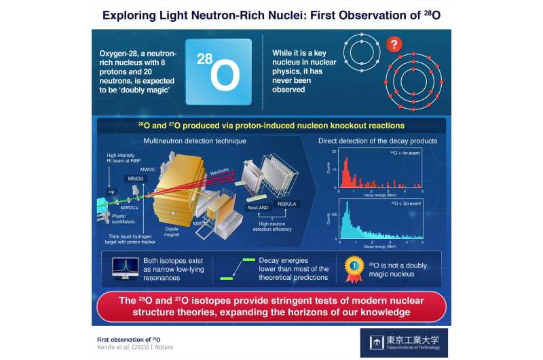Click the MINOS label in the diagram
130,177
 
